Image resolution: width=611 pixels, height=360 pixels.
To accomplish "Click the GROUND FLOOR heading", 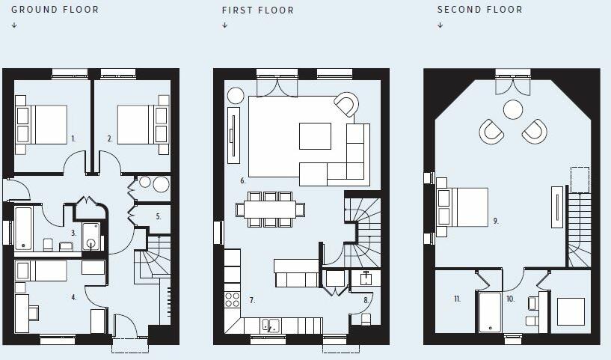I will coord(54,10).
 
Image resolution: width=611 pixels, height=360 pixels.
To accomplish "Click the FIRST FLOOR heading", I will coord(257,10).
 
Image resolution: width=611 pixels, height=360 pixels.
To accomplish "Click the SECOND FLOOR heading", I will coord(479,10).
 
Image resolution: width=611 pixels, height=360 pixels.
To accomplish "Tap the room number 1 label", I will coord(73,138).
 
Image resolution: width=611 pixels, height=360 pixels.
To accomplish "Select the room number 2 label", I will coord(109,138).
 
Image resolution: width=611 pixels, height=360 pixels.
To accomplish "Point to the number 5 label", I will coord(158,216).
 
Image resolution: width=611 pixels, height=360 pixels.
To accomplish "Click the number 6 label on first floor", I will coord(243,181).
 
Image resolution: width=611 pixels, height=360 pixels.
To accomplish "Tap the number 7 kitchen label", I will coord(252,300).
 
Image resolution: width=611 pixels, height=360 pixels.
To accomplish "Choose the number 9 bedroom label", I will coord(495,221).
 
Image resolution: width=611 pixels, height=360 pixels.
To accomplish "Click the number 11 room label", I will coord(457,299).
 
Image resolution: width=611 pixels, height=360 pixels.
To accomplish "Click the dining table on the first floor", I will coord(269,209).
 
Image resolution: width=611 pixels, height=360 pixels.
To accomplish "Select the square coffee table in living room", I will coord(315,136).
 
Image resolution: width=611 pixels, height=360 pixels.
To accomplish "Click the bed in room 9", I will coord(462,207).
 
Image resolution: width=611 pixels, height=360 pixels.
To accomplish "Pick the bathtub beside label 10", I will coord(489,312).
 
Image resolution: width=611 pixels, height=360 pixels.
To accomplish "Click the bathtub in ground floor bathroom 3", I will coord(23,228).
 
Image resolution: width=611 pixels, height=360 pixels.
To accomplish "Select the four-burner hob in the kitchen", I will coord(233,299).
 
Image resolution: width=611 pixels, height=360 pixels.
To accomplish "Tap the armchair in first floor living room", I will coord(346,104).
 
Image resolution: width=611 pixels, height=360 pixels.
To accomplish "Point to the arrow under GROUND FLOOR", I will coord(14,25).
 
